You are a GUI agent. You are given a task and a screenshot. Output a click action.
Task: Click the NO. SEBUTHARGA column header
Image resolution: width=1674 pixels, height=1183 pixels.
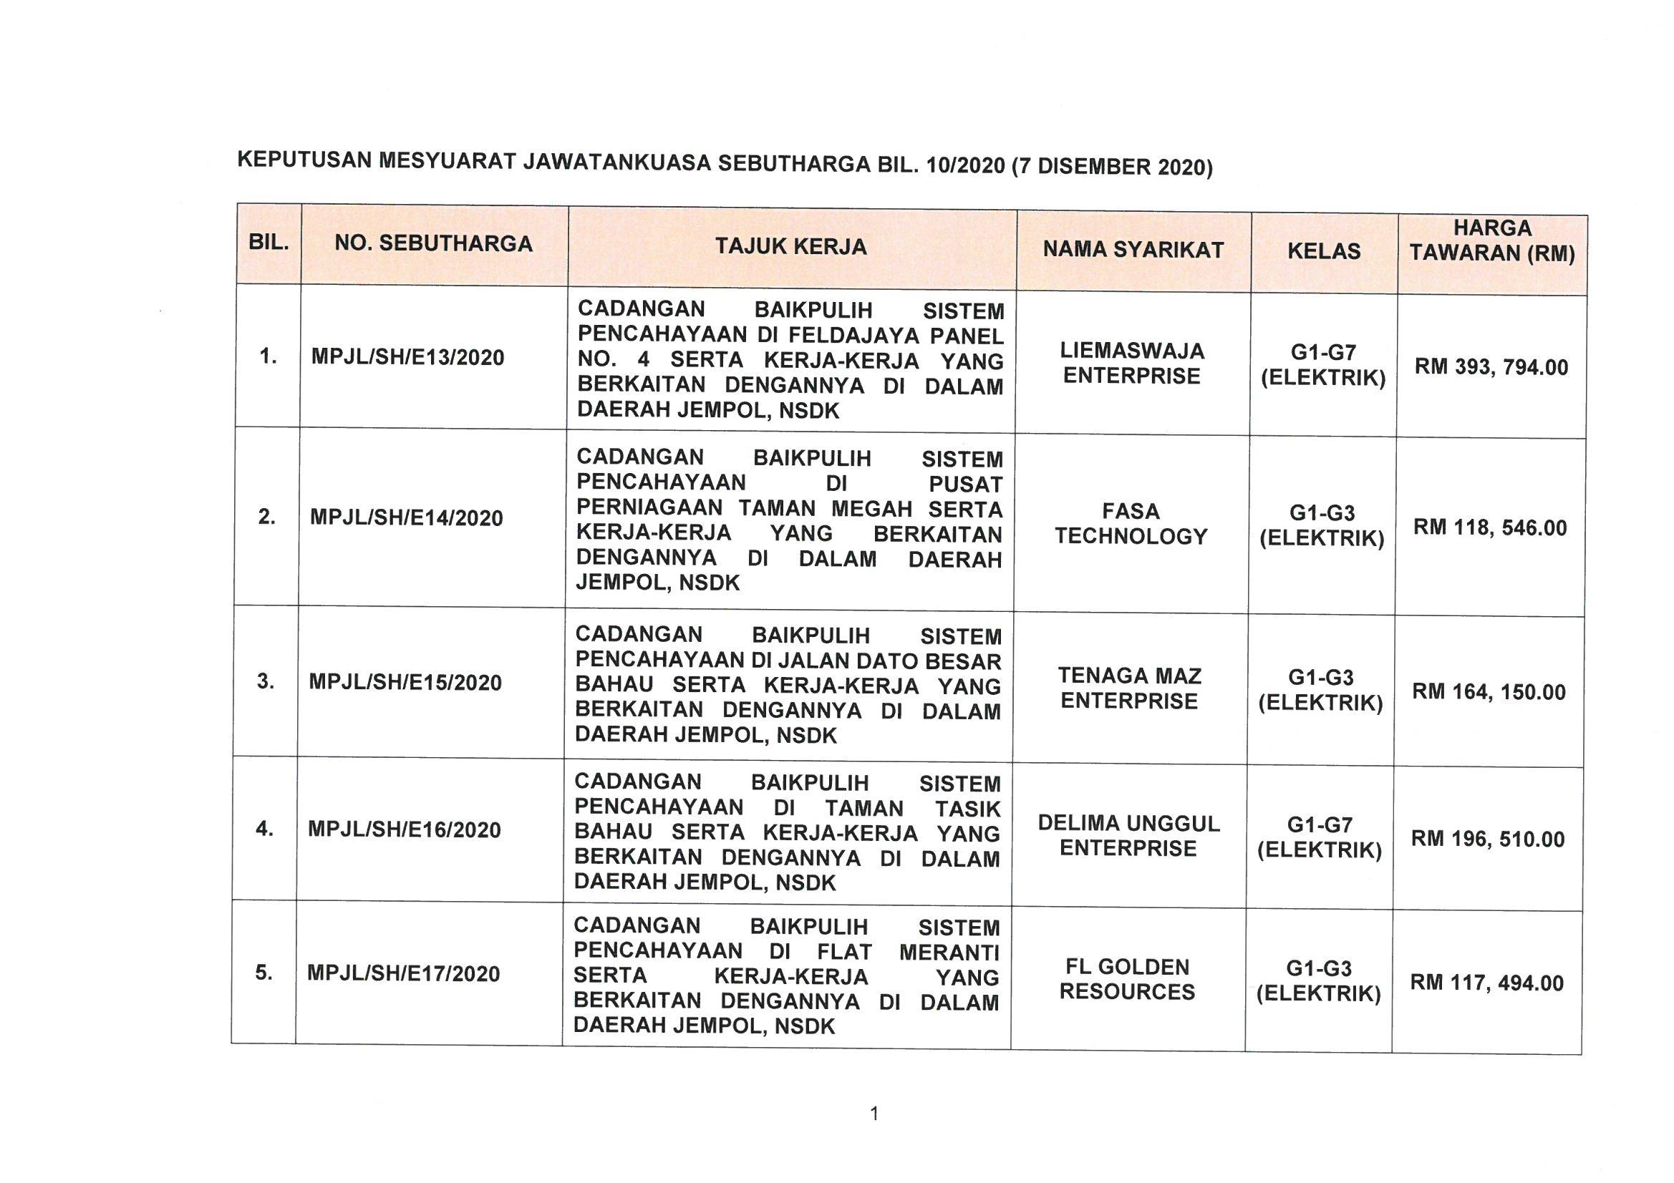[433, 243]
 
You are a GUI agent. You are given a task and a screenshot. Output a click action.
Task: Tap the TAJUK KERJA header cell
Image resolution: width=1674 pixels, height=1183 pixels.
[791, 247]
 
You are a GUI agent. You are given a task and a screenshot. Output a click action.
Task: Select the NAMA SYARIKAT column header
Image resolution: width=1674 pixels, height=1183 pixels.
[1133, 250]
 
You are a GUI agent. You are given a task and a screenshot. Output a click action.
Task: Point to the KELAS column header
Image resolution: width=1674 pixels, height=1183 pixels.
[1324, 251]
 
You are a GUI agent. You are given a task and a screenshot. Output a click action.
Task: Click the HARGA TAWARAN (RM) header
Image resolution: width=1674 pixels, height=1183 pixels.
[1491, 240]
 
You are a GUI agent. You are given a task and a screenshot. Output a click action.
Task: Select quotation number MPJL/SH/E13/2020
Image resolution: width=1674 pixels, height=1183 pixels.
[407, 357]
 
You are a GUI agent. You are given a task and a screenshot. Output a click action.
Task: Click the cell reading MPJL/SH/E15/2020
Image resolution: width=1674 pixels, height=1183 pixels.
[405, 682]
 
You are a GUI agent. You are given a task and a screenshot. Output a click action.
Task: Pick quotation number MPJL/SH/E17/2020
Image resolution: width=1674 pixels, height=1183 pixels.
[403, 974]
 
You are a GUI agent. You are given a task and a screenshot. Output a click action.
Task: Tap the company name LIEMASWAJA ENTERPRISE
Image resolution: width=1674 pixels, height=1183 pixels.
[1131, 364]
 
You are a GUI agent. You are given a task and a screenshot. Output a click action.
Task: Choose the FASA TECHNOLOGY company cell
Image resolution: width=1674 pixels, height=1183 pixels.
[1131, 524]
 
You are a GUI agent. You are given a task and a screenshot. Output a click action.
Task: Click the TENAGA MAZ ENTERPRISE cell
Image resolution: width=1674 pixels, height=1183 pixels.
[1129, 688]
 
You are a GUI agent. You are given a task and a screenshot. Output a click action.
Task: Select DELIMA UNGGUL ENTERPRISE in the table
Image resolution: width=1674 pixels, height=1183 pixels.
[1128, 836]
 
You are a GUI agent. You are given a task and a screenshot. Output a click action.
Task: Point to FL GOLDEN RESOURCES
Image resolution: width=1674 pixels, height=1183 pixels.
[1127, 980]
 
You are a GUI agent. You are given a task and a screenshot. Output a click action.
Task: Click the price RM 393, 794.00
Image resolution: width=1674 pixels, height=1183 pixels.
[1491, 366]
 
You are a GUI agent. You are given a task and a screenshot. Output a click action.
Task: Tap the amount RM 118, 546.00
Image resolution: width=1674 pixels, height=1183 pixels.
[1489, 527]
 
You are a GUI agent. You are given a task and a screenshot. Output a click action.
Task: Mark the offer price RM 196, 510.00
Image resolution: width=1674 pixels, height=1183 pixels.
[1487, 839]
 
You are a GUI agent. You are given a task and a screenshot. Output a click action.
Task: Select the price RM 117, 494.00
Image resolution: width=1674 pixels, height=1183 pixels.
[1486, 983]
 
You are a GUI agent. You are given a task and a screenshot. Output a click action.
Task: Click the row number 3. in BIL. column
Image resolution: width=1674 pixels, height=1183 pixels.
[266, 681]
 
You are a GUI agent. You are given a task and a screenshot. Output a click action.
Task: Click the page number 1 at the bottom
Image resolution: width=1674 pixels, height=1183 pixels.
[874, 1114]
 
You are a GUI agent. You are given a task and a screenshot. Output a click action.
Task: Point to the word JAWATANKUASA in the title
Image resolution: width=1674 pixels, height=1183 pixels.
[616, 162]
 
